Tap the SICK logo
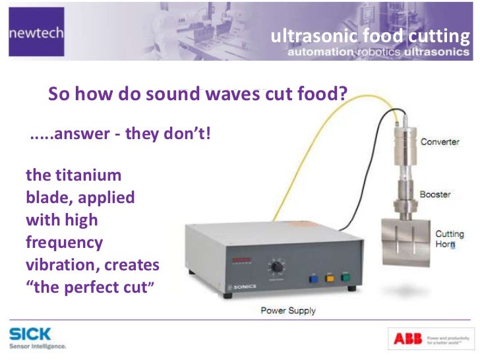(30, 334)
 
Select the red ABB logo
(407, 338)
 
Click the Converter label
(439, 142)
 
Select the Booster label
(436, 195)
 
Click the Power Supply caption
(288, 310)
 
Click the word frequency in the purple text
(64, 242)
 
